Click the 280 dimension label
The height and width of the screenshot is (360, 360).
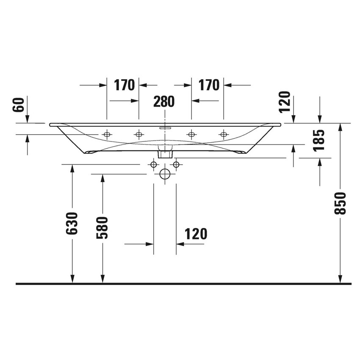164,102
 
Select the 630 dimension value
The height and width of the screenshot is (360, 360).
72,223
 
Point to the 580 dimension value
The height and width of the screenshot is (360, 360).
102,227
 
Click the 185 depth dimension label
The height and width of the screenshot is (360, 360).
320,140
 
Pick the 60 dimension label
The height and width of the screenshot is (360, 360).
19,104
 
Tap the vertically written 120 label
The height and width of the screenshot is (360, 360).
285,102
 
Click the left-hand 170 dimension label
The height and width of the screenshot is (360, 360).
124,85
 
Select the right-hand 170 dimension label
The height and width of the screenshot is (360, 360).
209,85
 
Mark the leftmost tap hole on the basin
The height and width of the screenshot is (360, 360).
107,135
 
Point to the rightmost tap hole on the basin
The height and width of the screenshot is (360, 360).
223,135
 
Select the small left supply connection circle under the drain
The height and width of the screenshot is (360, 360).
153,164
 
